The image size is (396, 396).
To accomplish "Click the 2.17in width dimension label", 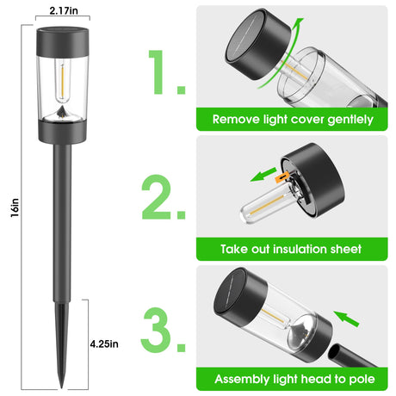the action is click(64, 10).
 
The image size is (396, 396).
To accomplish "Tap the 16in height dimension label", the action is click(15, 207).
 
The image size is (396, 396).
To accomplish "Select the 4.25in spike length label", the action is click(104, 343).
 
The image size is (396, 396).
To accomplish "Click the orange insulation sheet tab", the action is click(282, 177).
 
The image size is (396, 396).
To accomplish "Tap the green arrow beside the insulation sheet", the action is click(263, 175).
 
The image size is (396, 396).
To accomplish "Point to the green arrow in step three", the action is click(346, 319).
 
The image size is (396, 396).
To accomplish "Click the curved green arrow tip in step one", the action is click(300, 20).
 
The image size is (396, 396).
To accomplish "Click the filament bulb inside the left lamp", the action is click(62, 81).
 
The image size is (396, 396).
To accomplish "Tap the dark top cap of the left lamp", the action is click(62, 41).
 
